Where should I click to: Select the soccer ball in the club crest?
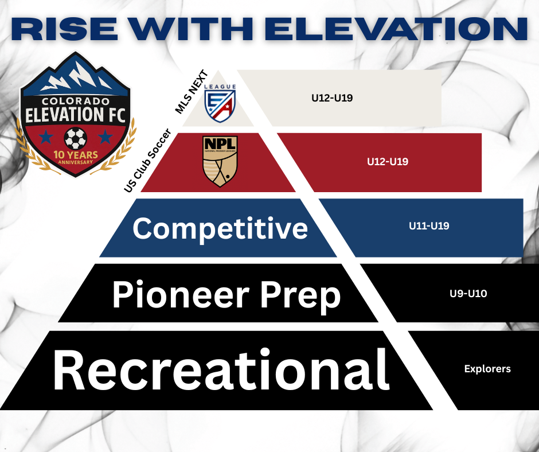(76, 138)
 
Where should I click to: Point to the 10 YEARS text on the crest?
(76, 155)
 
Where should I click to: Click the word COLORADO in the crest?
(76, 101)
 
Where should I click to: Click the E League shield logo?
(220, 103)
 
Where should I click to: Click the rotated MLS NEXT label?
(192, 92)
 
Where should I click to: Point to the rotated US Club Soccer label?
(147, 160)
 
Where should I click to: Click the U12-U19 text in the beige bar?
(332, 98)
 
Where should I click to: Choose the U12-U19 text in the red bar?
(388, 162)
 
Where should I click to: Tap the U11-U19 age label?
(429, 225)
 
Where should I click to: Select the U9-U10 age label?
(468, 294)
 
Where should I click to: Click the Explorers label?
(487, 369)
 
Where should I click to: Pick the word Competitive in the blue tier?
(220, 229)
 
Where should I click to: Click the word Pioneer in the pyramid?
(181, 295)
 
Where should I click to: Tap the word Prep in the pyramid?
(300, 297)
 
